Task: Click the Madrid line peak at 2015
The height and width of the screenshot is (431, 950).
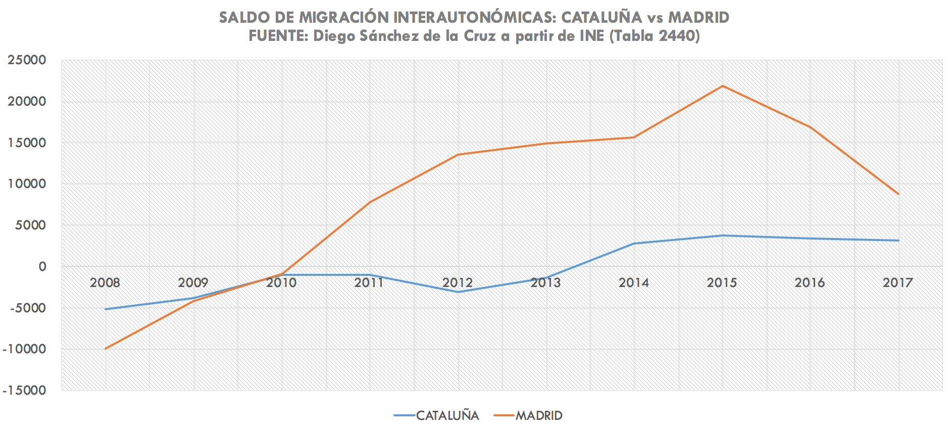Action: coord(722,86)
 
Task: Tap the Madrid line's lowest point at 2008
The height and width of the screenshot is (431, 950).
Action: coord(106,349)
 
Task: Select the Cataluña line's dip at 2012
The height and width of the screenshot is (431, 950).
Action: coord(458,292)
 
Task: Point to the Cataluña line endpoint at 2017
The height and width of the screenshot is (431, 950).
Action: coord(898,241)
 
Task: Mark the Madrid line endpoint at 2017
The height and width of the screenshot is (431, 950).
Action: coord(898,194)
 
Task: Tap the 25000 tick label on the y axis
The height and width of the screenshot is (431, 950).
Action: coord(26,60)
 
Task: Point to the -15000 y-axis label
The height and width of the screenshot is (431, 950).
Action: coord(24,391)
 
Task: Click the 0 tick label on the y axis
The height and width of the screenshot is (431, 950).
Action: coord(42,266)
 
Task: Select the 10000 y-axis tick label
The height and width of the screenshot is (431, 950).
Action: coord(26,184)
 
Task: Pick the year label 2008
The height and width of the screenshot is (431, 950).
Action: coord(105,282)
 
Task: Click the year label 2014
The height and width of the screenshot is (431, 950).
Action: coord(634,282)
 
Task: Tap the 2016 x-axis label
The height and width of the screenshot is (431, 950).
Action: coord(810,282)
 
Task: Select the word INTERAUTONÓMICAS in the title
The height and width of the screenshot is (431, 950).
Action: coord(475,18)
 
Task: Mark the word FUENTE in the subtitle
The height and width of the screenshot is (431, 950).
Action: coord(278,36)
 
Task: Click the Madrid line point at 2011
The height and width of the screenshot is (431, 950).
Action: coord(370,202)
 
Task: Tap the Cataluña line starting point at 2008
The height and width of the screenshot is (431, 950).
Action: coord(106,309)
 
